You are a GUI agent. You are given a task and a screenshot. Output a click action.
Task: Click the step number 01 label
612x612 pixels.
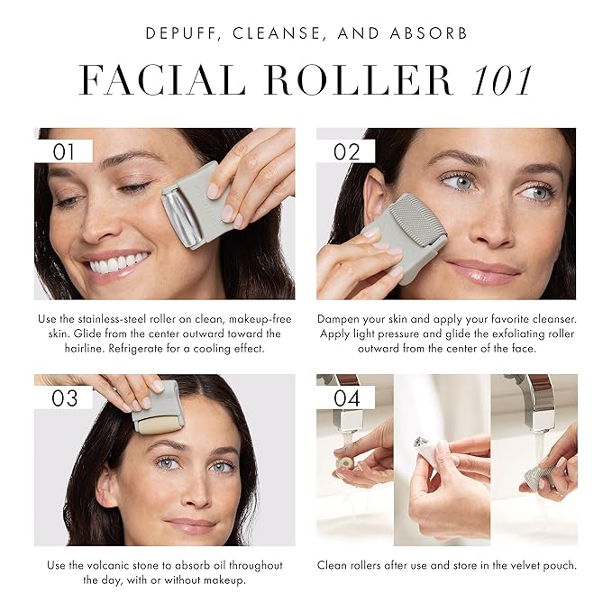pyautogui.click(x=64, y=151)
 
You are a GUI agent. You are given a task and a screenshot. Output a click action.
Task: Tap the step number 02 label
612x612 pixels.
pyautogui.click(x=346, y=151)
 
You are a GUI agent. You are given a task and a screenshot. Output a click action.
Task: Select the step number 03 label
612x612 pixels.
pyautogui.click(x=64, y=397)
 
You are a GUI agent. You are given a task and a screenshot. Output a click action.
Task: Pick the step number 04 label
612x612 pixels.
pyautogui.click(x=346, y=397)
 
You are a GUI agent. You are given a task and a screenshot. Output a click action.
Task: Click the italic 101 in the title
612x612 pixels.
pyautogui.click(x=492, y=81)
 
